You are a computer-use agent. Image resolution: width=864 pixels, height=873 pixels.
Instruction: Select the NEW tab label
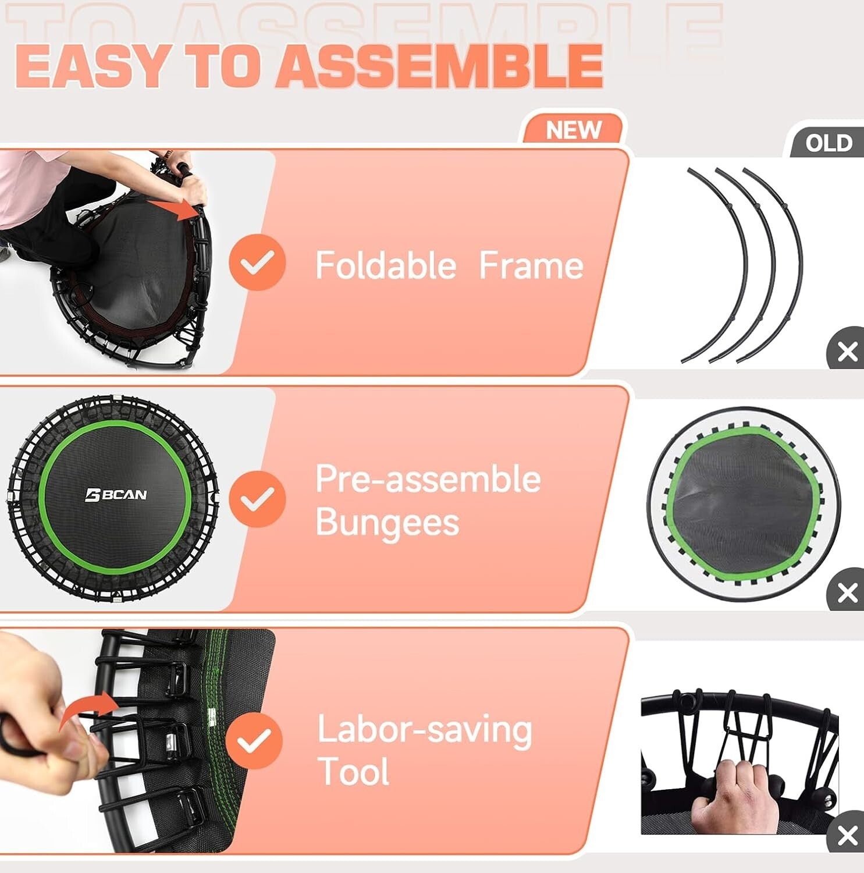click(573, 130)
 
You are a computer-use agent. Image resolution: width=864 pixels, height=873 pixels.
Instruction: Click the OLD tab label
click(829, 143)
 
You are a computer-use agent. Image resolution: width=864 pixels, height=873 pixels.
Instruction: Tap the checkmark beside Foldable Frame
click(257, 262)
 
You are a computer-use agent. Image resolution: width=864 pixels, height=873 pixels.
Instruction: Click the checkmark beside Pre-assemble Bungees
click(257, 499)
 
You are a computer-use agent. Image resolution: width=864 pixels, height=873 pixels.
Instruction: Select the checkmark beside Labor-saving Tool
click(254, 740)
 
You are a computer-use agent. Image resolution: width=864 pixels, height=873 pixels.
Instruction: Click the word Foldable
click(386, 266)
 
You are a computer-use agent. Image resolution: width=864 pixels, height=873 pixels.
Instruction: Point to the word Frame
click(531, 266)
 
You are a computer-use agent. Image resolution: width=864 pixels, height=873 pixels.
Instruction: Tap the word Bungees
click(387, 522)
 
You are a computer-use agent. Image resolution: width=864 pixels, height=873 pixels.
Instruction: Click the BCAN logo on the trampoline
click(116, 495)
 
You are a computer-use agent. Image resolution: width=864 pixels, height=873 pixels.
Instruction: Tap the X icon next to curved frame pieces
click(847, 352)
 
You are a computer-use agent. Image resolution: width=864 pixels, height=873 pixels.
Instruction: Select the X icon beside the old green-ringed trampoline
click(847, 593)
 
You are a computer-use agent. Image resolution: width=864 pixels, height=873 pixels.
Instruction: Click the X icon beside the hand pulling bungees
click(847, 835)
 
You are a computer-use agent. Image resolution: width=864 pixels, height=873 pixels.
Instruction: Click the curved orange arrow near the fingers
click(87, 707)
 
